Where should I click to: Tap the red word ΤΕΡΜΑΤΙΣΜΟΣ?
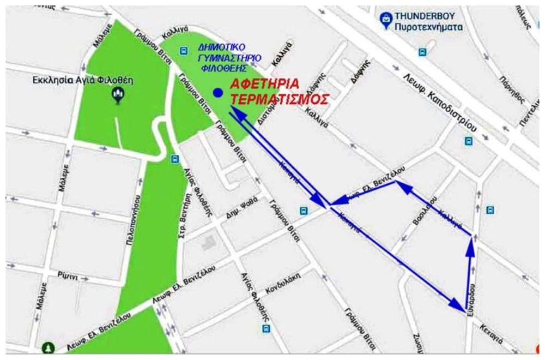coord(280,99)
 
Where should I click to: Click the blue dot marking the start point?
coord(218,93)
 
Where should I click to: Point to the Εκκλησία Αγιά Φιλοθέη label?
coord(83,81)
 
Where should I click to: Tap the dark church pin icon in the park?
coord(117,96)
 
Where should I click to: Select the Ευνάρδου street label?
coord(471,300)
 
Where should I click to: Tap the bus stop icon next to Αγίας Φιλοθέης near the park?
coord(175,159)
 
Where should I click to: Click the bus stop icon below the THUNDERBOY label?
coord(422,52)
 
